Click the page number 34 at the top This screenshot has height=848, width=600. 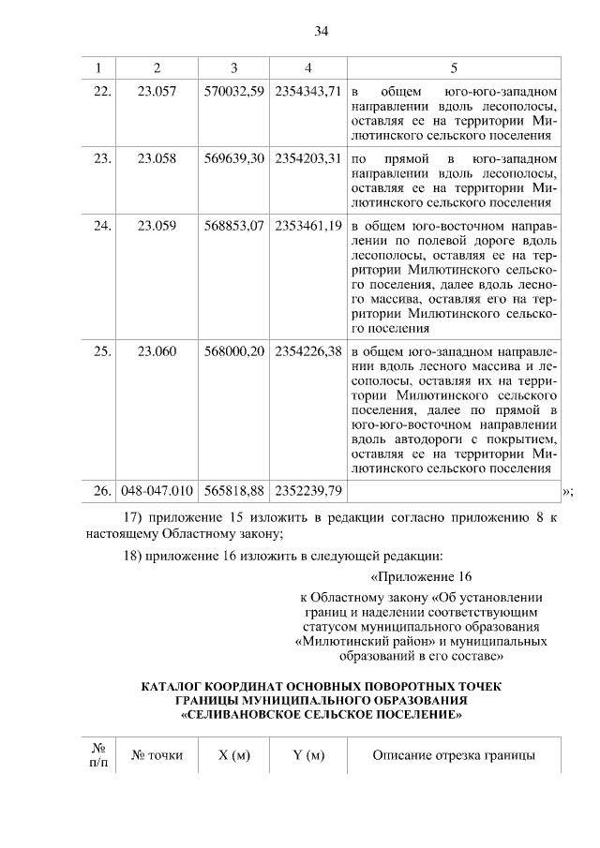(320, 32)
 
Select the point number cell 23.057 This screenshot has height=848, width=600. (157, 93)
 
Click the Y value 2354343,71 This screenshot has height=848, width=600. (307, 93)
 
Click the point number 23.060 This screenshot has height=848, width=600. (157, 350)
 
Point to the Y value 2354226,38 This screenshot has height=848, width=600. (307, 350)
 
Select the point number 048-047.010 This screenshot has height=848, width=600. (157, 490)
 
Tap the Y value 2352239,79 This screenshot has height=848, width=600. (307, 490)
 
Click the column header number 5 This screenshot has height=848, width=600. (454, 67)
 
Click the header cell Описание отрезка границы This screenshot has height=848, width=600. (454, 755)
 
